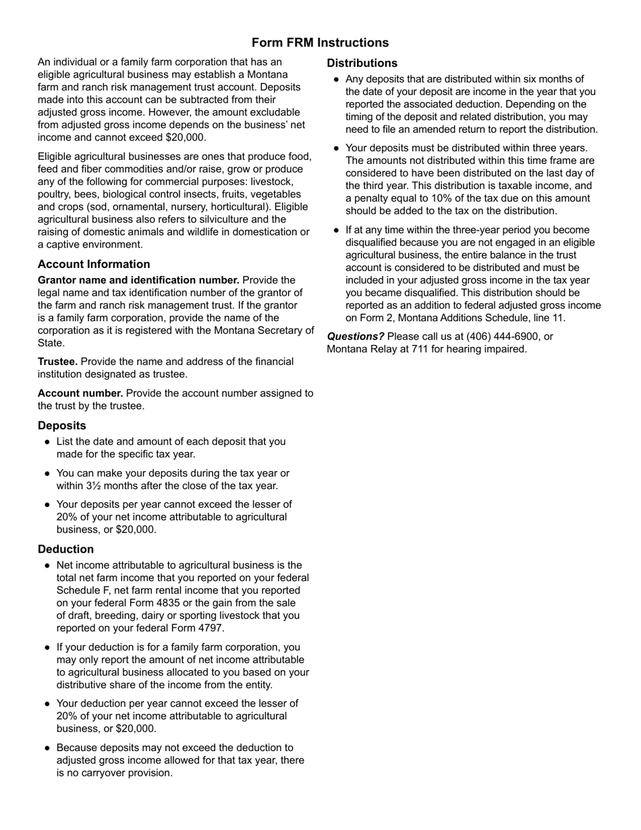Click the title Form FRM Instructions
(320, 43)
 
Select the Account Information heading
(94, 264)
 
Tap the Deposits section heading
(62, 425)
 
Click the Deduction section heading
(65, 549)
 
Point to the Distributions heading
(362, 63)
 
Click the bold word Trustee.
(57, 362)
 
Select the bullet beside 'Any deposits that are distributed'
(336, 80)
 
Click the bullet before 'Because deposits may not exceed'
(47, 748)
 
